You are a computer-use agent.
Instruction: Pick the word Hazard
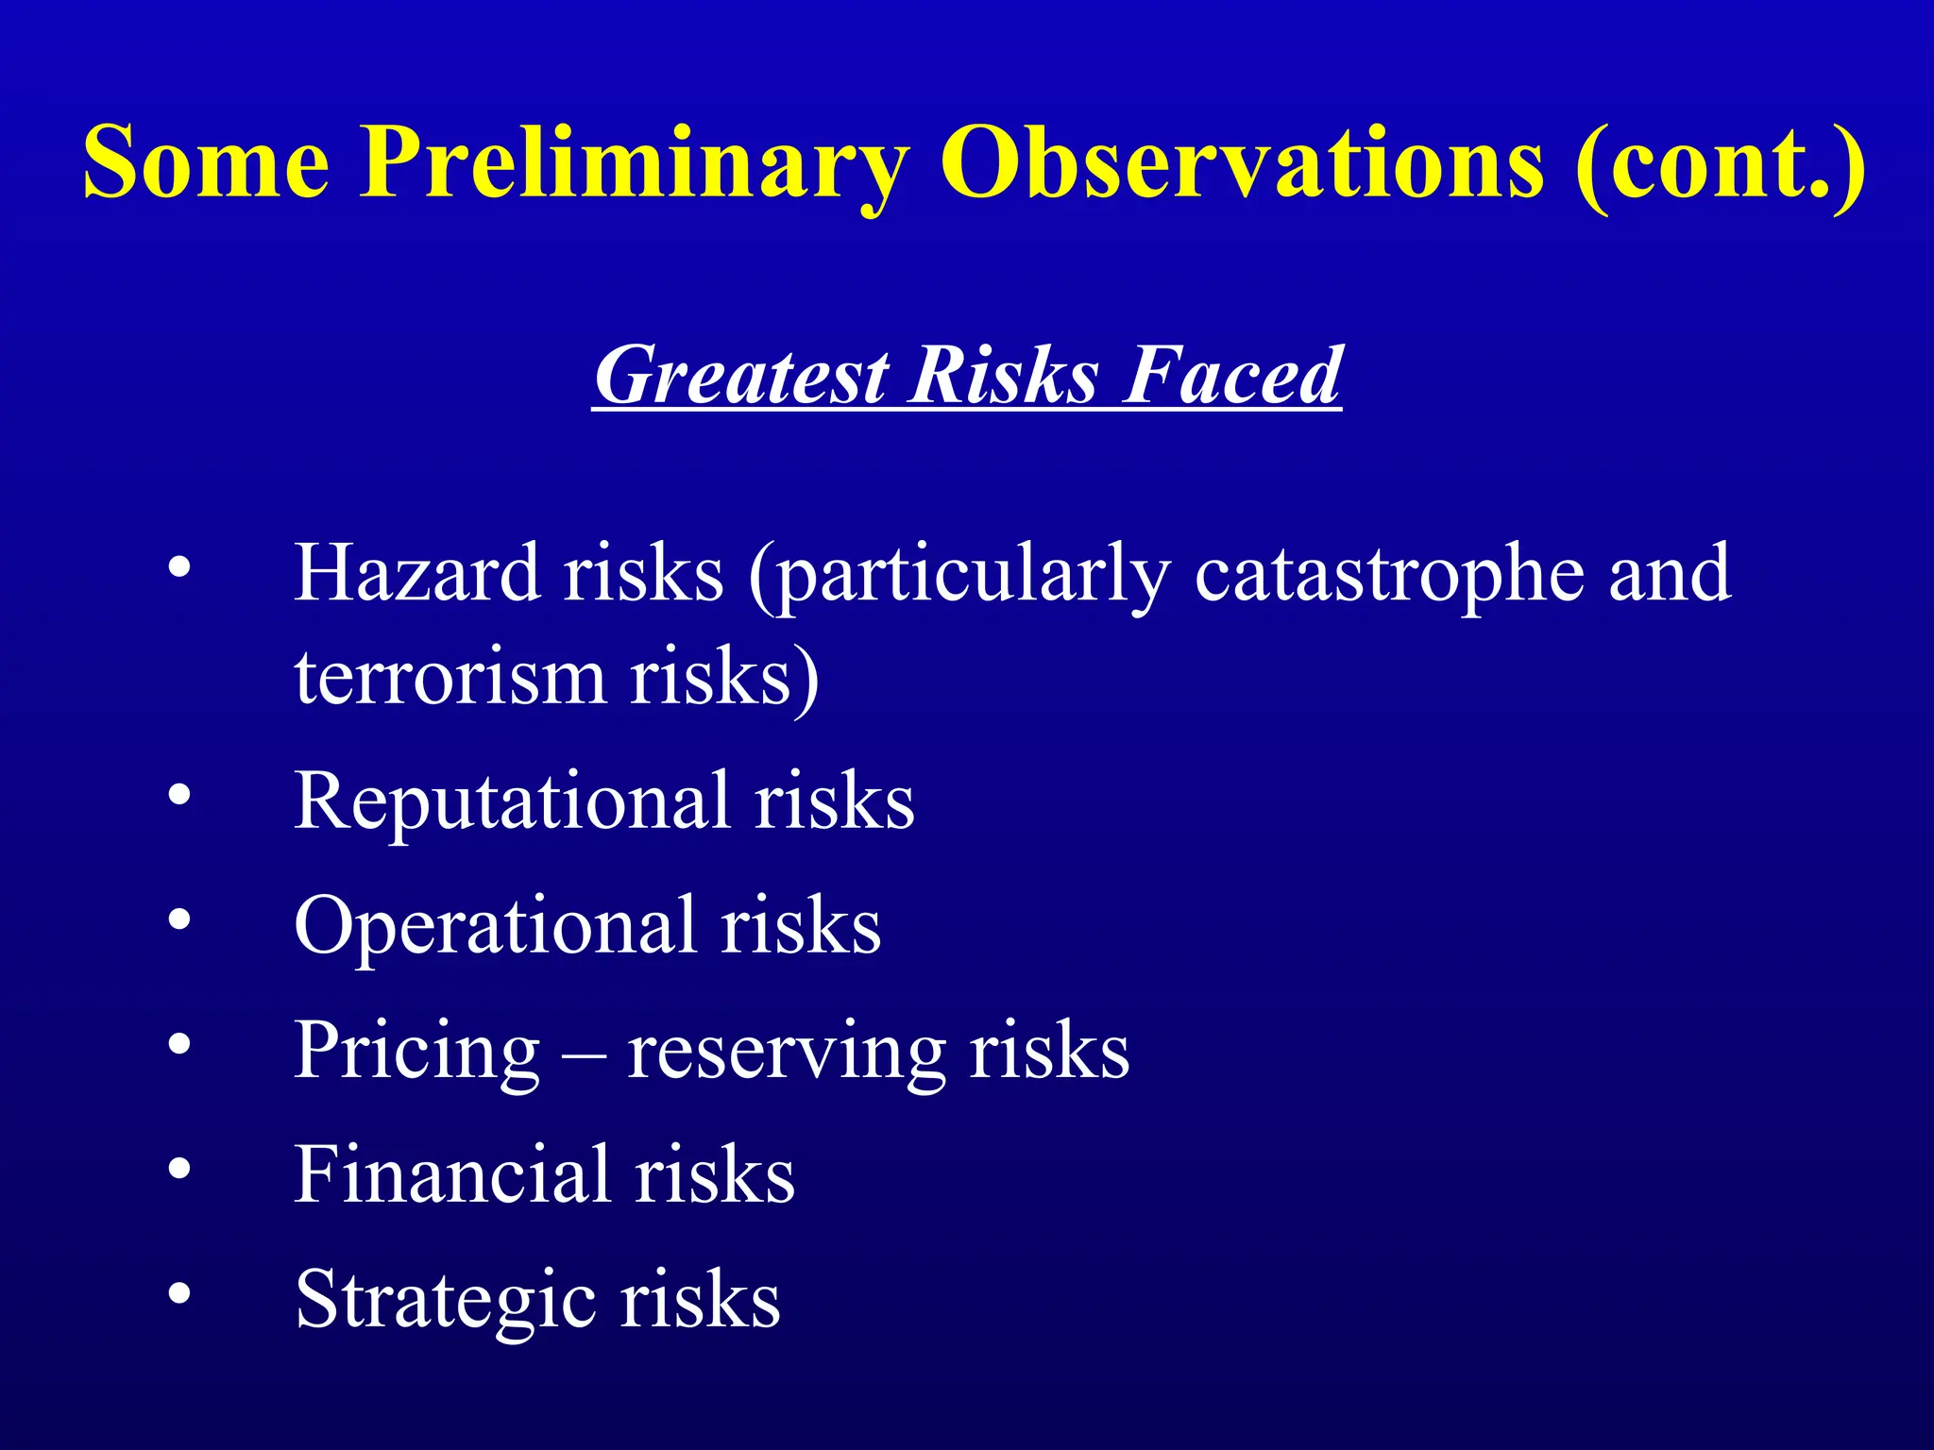(x=416, y=573)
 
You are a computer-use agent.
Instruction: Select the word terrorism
(x=450, y=678)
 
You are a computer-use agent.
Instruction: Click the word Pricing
(x=416, y=1052)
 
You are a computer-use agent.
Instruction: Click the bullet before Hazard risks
(x=179, y=569)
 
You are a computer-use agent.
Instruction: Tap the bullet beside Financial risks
(x=179, y=1170)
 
